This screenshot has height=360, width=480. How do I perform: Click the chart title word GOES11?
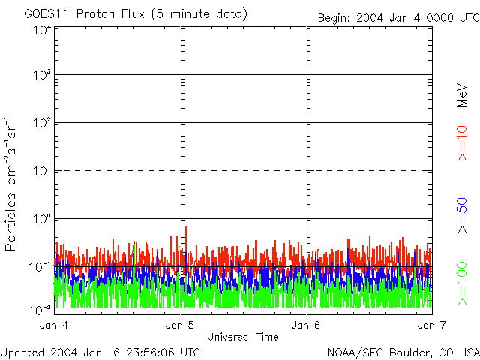click(x=46, y=14)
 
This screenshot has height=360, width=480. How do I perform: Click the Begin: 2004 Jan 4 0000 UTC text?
click(x=397, y=17)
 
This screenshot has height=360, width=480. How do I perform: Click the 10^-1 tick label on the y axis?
click(x=40, y=266)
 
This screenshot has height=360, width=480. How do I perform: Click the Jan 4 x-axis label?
click(x=54, y=325)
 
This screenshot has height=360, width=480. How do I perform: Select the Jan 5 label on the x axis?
click(x=180, y=325)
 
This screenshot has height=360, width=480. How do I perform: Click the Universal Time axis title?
click(x=243, y=337)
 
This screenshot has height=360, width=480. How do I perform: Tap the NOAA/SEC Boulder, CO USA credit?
click(x=403, y=352)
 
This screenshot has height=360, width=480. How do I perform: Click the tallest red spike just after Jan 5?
click(x=185, y=229)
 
